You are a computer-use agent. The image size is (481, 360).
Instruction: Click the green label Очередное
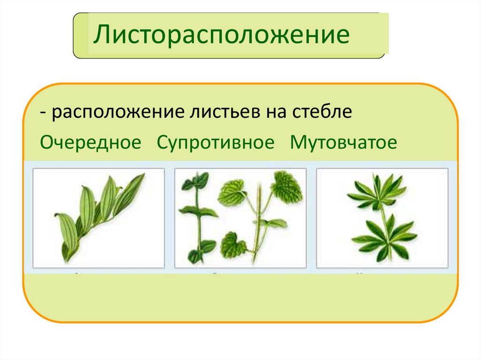[x=91, y=142]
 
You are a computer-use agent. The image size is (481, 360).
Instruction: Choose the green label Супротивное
[x=216, y=142]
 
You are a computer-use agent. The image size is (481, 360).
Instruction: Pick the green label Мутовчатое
[x=343, y=142]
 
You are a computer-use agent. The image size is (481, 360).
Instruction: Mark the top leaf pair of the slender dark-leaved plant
[x=195, y=181]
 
